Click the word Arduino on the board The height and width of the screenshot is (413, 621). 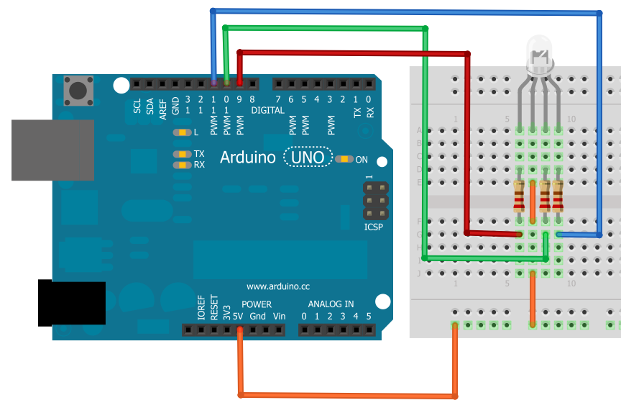[x=248, y=157]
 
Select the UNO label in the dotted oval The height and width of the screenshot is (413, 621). [x=308, y=157]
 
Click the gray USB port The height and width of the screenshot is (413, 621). [x=52, y=150]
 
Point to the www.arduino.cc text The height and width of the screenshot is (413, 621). [x=277, y=286]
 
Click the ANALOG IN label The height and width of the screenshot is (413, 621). [x=331, y=304]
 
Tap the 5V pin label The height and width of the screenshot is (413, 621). [x=239, y=317]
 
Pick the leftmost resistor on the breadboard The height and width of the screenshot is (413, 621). [x=519, y=196]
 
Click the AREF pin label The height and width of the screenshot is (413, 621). [x=162, y=108]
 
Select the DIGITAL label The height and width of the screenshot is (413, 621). [x=267, y=110]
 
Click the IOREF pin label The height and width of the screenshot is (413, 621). [x=202, y=308]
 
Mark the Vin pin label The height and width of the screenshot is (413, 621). [x=279, y=317]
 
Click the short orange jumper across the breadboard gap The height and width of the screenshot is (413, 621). [x=533, y=201]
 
